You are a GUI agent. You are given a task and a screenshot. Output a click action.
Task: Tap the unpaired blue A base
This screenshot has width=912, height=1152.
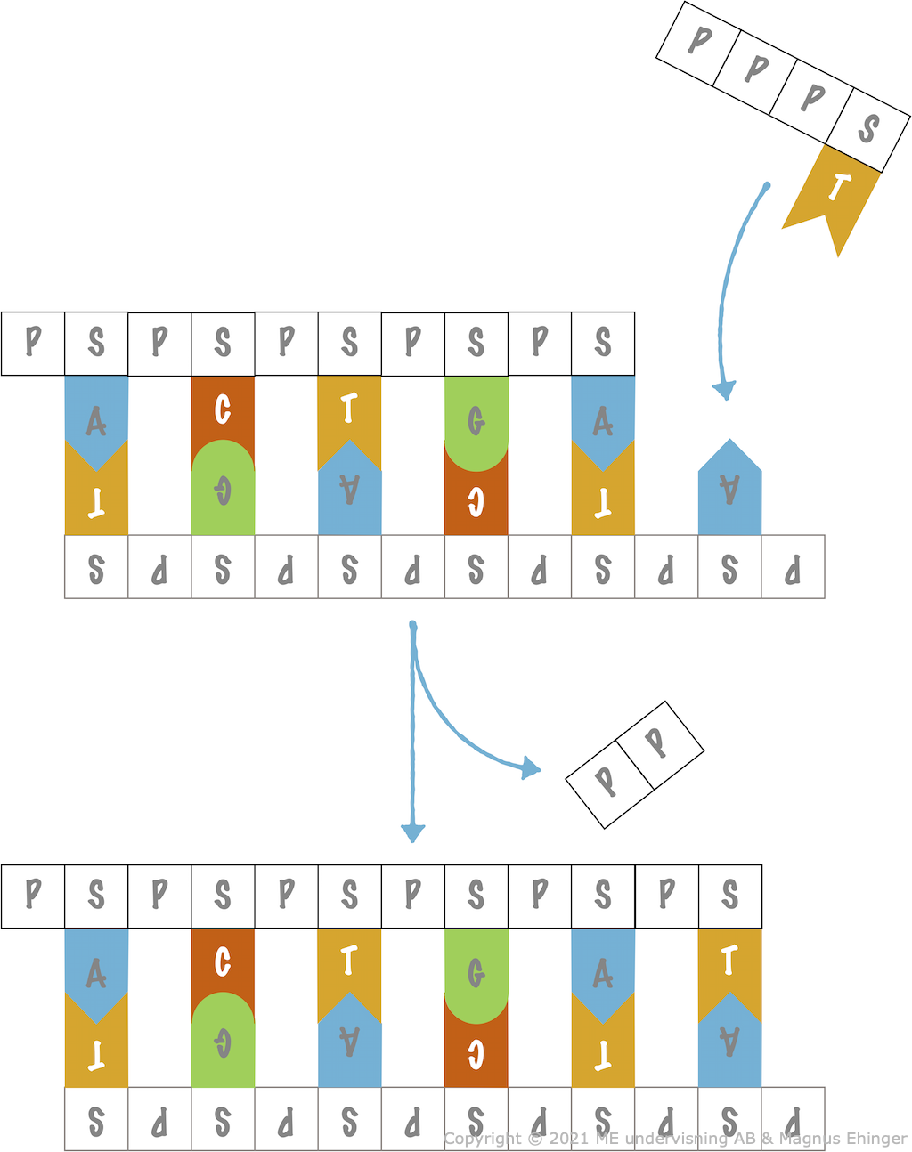tap(729, 491)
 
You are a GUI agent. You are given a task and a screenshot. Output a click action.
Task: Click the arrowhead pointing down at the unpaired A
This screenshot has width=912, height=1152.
tap(725, 390)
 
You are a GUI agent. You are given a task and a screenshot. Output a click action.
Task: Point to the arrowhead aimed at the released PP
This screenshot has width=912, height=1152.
tap(531, 767)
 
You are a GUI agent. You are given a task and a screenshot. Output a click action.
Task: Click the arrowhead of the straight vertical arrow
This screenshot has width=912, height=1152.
tap(412, 832)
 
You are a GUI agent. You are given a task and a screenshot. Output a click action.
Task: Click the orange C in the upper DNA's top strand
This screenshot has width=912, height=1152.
tap(223, 410)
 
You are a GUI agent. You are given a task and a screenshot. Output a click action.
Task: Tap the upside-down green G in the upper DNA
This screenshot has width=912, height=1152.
tap(223, 490)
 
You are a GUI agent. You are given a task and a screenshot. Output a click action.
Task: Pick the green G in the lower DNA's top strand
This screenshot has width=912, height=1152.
tap(476, 973)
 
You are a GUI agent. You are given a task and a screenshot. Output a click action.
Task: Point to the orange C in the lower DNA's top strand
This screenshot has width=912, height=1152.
tap(223, 961)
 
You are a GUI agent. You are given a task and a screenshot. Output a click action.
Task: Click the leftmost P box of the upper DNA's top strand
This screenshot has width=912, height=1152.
tap(33, 343)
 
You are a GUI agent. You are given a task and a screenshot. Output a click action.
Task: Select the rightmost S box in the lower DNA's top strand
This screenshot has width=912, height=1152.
tap(729, 896)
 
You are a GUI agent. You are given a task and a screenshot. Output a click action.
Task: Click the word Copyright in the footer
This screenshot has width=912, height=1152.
tap(482, 1139)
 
